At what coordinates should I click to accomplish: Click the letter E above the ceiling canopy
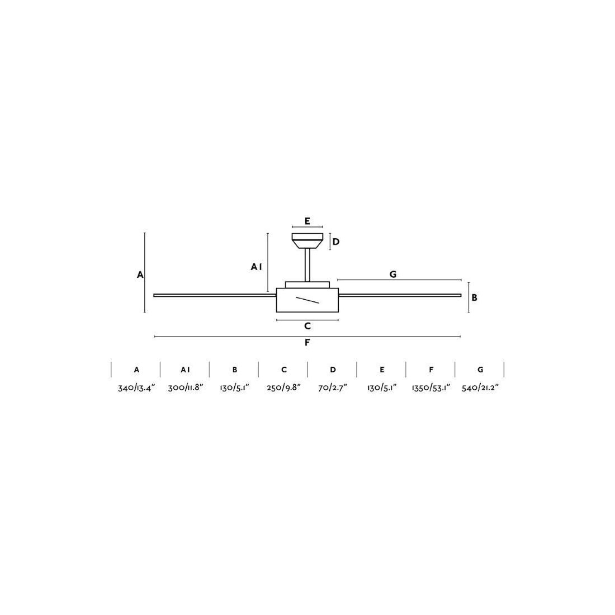307,221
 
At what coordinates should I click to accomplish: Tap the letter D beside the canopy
336,242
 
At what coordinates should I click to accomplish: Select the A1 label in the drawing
256,267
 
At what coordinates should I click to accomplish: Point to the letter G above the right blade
393,275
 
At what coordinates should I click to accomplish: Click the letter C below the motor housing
307,326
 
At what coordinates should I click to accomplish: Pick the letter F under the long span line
307,343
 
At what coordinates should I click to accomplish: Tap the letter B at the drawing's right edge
474,297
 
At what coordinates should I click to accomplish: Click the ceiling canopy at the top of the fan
307,241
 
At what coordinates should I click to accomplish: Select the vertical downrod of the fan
307,265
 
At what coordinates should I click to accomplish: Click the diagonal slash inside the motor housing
307,300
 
